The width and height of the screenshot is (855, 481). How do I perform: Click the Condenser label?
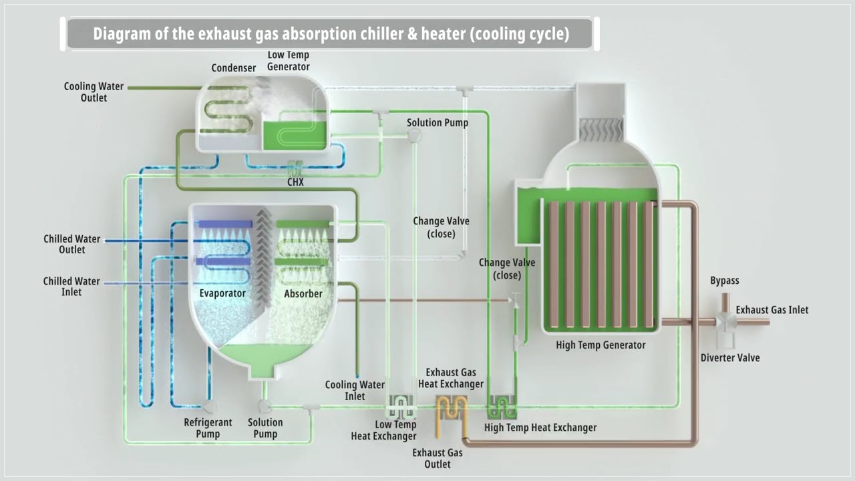pos(234,68)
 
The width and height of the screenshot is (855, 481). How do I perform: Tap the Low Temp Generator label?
pos(288,61)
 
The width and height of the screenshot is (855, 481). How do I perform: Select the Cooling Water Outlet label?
pos(94,92)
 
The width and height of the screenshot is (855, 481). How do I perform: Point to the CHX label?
pos(295,182)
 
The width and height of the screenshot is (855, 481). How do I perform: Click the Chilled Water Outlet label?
pos(71,245)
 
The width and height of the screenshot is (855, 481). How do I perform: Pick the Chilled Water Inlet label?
pos(71,287)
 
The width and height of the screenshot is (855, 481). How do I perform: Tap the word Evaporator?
pos(222,293)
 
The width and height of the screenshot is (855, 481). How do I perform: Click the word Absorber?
pos(303,293)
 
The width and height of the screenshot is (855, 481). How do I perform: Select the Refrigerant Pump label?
pos(208,428)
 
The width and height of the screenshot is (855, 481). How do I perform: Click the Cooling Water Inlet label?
pos(355,391)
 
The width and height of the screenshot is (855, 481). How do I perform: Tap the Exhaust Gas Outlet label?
pos(438,458)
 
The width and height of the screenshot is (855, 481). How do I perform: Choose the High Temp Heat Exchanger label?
pos(540,428)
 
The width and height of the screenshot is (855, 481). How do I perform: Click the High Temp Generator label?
pos(601,345)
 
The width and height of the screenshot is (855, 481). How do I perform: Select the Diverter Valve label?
pos(730,357)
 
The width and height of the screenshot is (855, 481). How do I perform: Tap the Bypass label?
pos(725,281)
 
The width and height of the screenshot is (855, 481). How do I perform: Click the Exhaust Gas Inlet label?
pos(772,310)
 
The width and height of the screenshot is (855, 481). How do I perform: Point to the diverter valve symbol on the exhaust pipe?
pos(725,323)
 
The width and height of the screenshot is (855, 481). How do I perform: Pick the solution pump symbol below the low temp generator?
pos(415,135)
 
